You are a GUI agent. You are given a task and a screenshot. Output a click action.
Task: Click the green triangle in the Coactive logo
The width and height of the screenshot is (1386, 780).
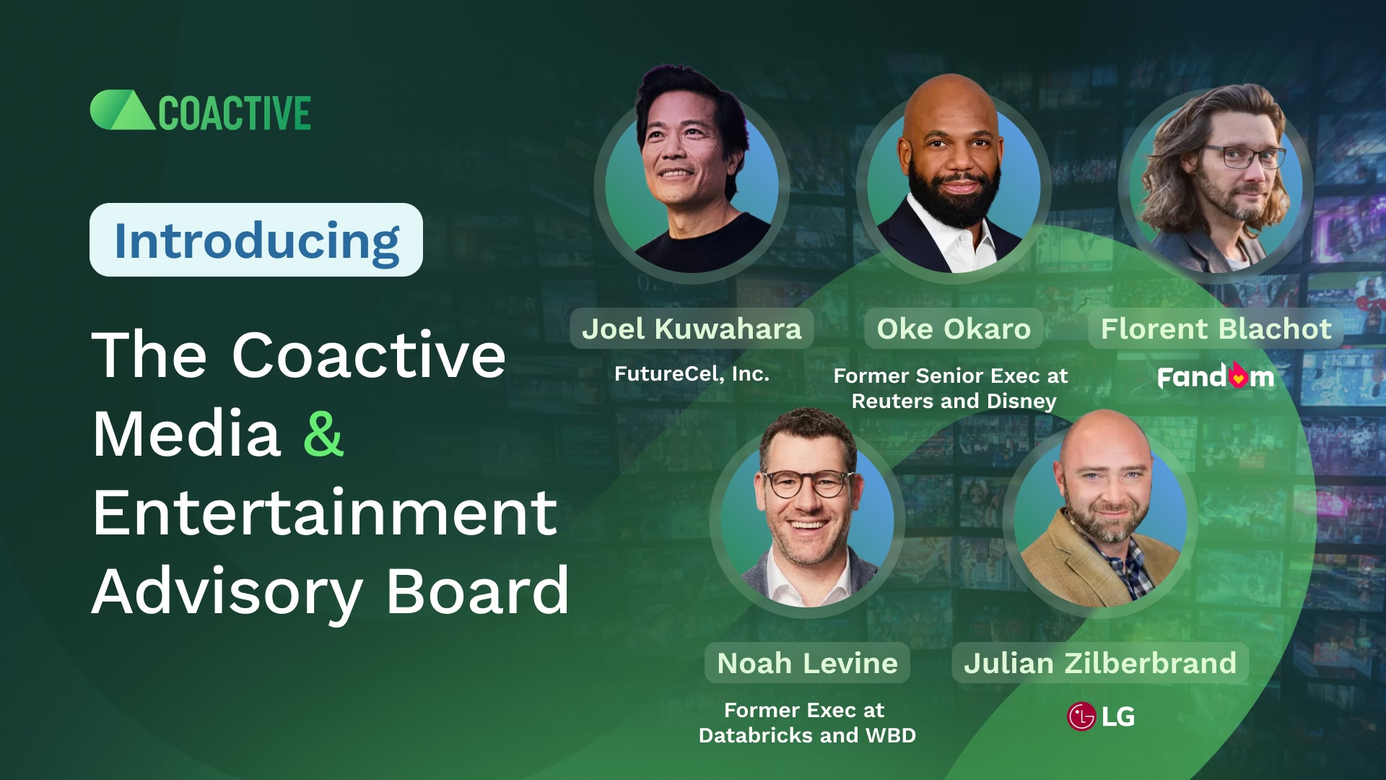click(132, 114)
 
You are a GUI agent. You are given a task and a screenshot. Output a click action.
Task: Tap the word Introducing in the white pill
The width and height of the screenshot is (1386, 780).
click(256, 240)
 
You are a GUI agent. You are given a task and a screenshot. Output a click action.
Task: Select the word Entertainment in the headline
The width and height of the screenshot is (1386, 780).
click(325, 513)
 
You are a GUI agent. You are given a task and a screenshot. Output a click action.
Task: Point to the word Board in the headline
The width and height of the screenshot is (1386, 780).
click(477, 591)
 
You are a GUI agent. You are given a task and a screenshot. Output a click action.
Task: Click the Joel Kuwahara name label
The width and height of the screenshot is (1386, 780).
click(692, 329)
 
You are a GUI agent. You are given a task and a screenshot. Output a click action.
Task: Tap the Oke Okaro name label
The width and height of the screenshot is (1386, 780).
click(953, 329)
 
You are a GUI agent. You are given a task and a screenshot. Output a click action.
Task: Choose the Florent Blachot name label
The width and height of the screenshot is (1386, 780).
click(1216, 329)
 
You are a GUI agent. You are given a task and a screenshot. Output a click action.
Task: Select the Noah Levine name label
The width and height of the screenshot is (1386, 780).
click(807, 663)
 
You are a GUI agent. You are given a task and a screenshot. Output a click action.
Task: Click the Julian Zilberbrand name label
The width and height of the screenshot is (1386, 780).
click(1100, 663)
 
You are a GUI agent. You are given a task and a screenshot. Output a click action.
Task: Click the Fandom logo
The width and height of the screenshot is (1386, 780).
click(1216, 376)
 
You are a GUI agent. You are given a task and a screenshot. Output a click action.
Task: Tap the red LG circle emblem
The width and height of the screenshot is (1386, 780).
click(1081, 716)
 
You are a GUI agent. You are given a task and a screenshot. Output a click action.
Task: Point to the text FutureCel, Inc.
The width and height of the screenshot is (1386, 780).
click(692, 373)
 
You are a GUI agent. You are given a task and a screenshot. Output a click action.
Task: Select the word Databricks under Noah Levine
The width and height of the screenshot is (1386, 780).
click(756, 735)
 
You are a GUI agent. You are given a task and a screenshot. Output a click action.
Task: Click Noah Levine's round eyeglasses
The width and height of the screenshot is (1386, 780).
click(807, 482)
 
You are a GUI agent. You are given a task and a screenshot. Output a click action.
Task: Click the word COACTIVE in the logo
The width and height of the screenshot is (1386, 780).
click(235, 114)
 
